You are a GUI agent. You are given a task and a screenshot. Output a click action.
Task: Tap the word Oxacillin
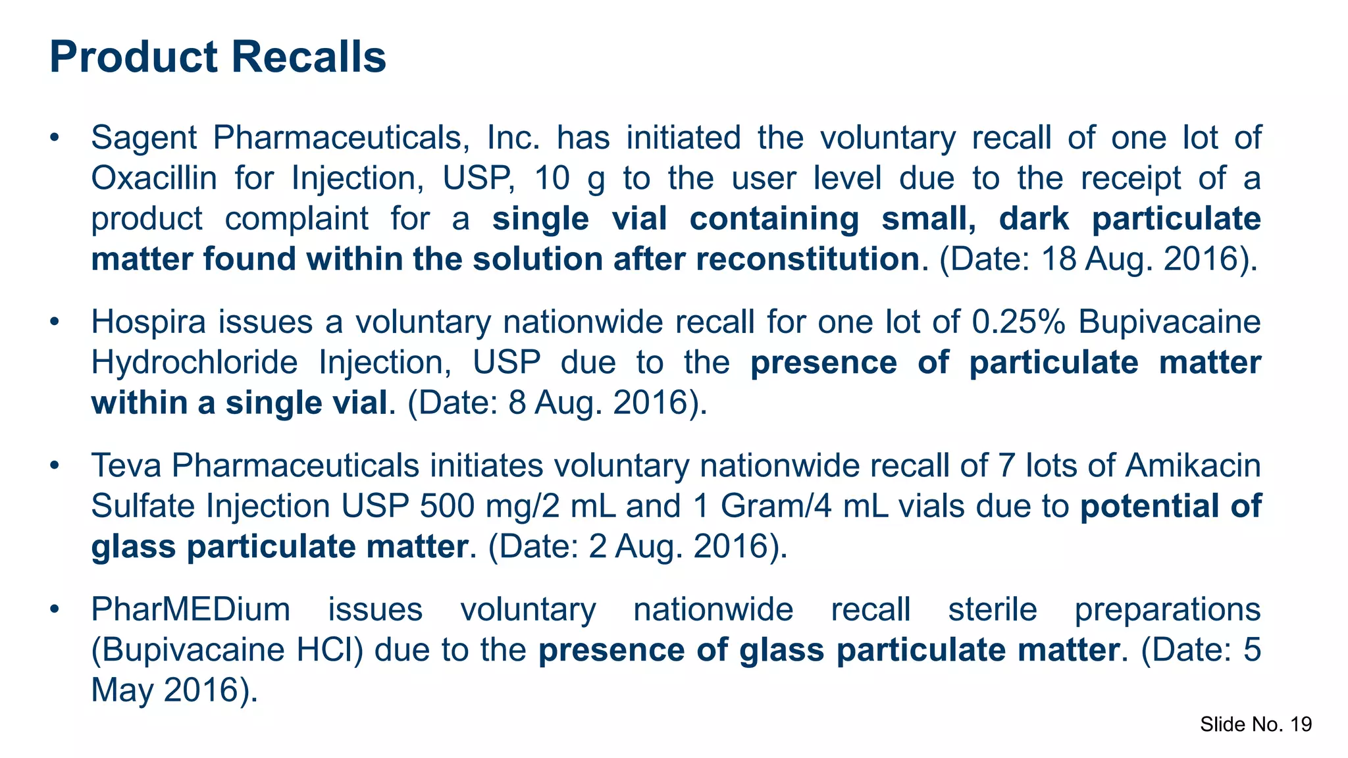click(154, 178)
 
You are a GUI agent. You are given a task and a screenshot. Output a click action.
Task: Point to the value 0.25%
click(1018, 322)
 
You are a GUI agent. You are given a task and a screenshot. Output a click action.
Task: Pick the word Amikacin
click(1193, 466)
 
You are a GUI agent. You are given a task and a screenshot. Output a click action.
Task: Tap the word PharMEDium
click(190, 609)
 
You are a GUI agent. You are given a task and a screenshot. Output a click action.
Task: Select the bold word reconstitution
click(807, 259)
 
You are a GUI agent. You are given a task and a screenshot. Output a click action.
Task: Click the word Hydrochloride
click(194, 363)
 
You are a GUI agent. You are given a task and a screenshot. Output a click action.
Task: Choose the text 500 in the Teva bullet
click(448, 507)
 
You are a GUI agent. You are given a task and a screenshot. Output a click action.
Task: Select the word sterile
click(993, 609)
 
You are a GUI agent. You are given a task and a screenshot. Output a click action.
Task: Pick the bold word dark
click(1034, 219)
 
